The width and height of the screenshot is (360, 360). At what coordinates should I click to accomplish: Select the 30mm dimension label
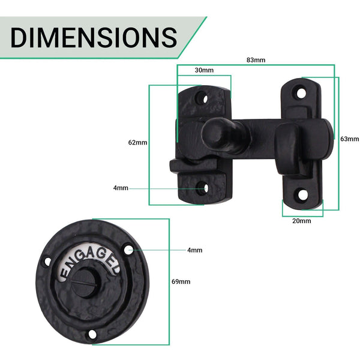click(204, 70)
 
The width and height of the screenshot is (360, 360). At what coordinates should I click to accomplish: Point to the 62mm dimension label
click(137, 142)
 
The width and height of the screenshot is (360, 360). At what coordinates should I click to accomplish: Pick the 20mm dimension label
click(302, 221)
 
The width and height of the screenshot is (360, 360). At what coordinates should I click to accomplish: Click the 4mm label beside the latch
click(120, 188)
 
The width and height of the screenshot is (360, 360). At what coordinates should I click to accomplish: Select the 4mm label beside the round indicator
click(195, 250)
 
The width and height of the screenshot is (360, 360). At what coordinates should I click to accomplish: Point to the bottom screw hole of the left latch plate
click(206, 188)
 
